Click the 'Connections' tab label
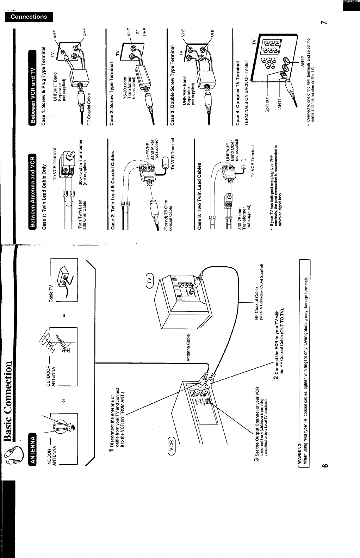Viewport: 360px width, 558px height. (29, 17)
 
